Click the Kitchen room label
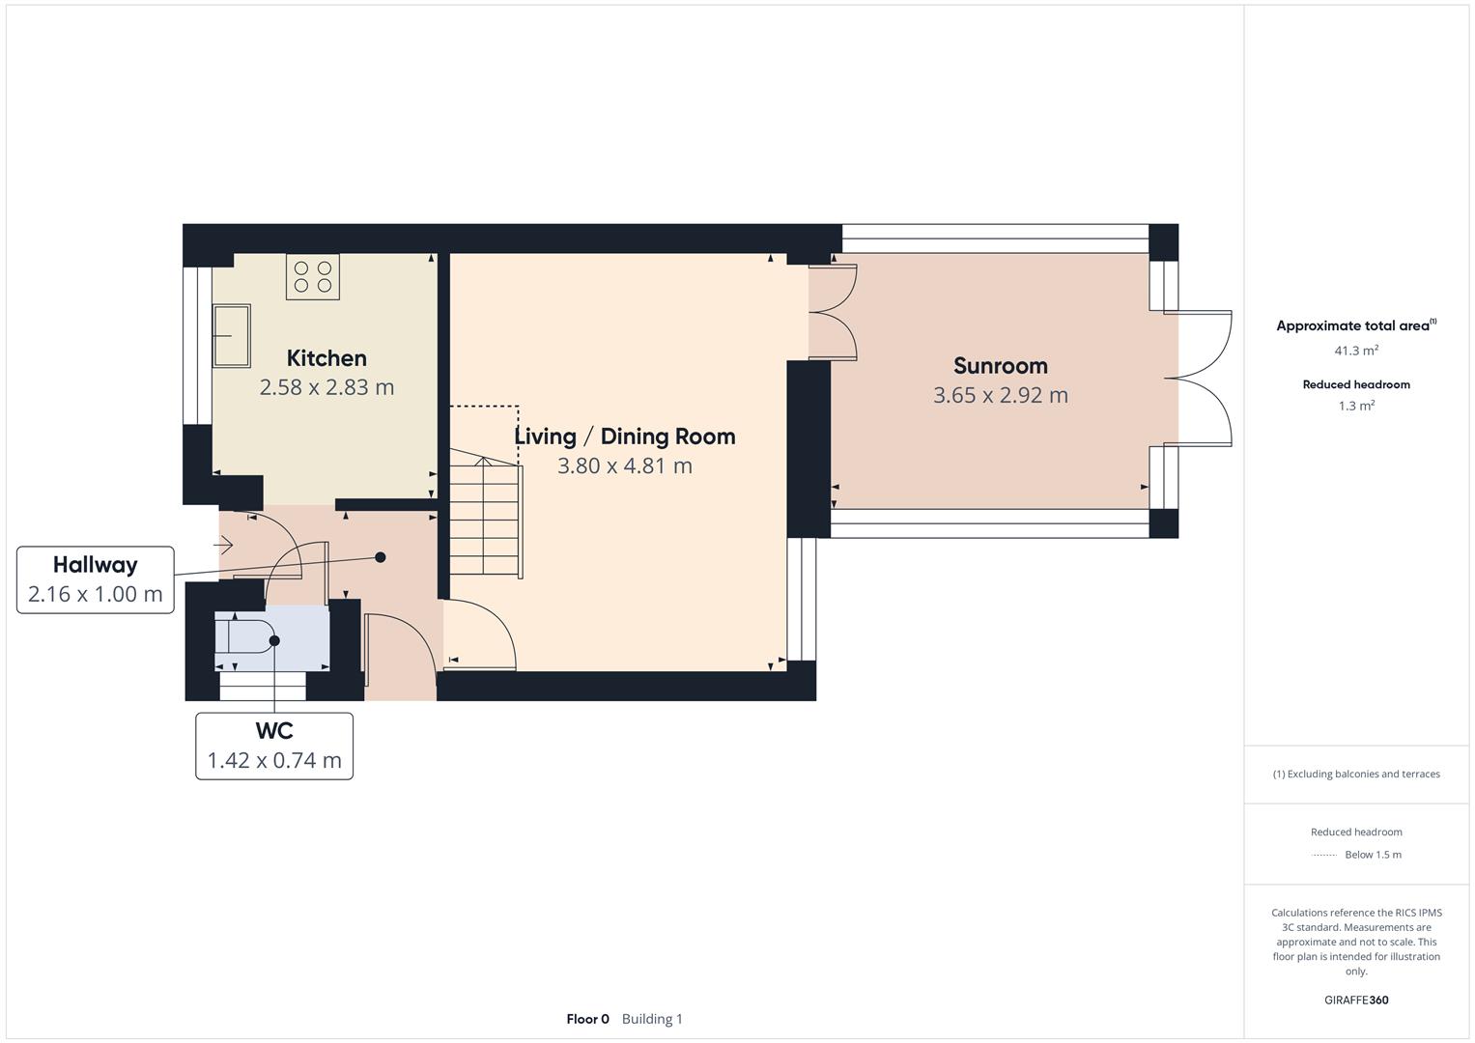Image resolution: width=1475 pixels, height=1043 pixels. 326,358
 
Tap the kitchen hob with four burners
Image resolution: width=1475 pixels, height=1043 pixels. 313,276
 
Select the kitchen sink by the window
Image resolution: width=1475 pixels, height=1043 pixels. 232,336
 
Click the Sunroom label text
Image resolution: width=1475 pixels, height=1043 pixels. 1000,366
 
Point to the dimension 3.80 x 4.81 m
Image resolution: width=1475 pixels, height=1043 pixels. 624,465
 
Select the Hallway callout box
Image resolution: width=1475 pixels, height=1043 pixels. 95,579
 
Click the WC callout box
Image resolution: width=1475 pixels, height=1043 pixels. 274,746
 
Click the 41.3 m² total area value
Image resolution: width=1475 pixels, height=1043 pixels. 1356,352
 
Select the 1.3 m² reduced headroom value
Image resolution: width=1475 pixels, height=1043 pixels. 1356,406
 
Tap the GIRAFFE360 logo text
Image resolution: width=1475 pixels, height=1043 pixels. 1356,1000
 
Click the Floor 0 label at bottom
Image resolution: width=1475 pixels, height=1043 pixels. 587,1019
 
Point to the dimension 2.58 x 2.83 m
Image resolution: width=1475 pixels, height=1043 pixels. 326,387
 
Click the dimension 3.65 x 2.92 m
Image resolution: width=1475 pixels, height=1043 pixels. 1000,395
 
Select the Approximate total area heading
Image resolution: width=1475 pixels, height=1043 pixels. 1354,325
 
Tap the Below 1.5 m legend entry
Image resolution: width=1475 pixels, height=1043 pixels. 1372,855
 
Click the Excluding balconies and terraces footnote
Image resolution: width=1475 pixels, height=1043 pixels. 1356,774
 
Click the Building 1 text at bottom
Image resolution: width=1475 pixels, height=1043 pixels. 652,1019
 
